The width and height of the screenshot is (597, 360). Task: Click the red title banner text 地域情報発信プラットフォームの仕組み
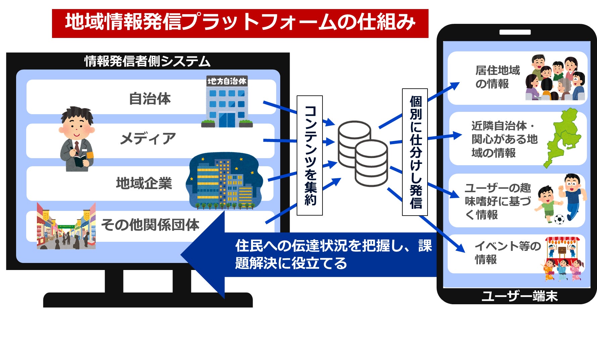240,23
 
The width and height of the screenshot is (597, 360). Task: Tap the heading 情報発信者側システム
147,61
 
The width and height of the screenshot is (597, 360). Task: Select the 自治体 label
150,99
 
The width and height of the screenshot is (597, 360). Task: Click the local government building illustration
227,102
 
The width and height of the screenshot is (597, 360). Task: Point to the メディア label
148,138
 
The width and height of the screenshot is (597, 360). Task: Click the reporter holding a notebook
77,139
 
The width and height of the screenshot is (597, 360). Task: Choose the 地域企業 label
144,183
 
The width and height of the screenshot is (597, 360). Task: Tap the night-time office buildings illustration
223,181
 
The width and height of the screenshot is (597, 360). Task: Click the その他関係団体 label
150,225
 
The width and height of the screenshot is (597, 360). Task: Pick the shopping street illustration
66,226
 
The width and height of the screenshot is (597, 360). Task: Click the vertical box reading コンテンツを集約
310,155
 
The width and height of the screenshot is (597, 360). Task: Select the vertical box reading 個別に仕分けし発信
415,152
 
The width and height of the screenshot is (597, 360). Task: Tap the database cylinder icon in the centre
363,153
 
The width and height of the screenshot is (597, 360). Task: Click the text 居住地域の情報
497,77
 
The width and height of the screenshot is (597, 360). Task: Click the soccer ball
559,219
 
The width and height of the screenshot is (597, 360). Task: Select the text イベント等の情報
507,253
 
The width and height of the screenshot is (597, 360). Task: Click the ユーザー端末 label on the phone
519,296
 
